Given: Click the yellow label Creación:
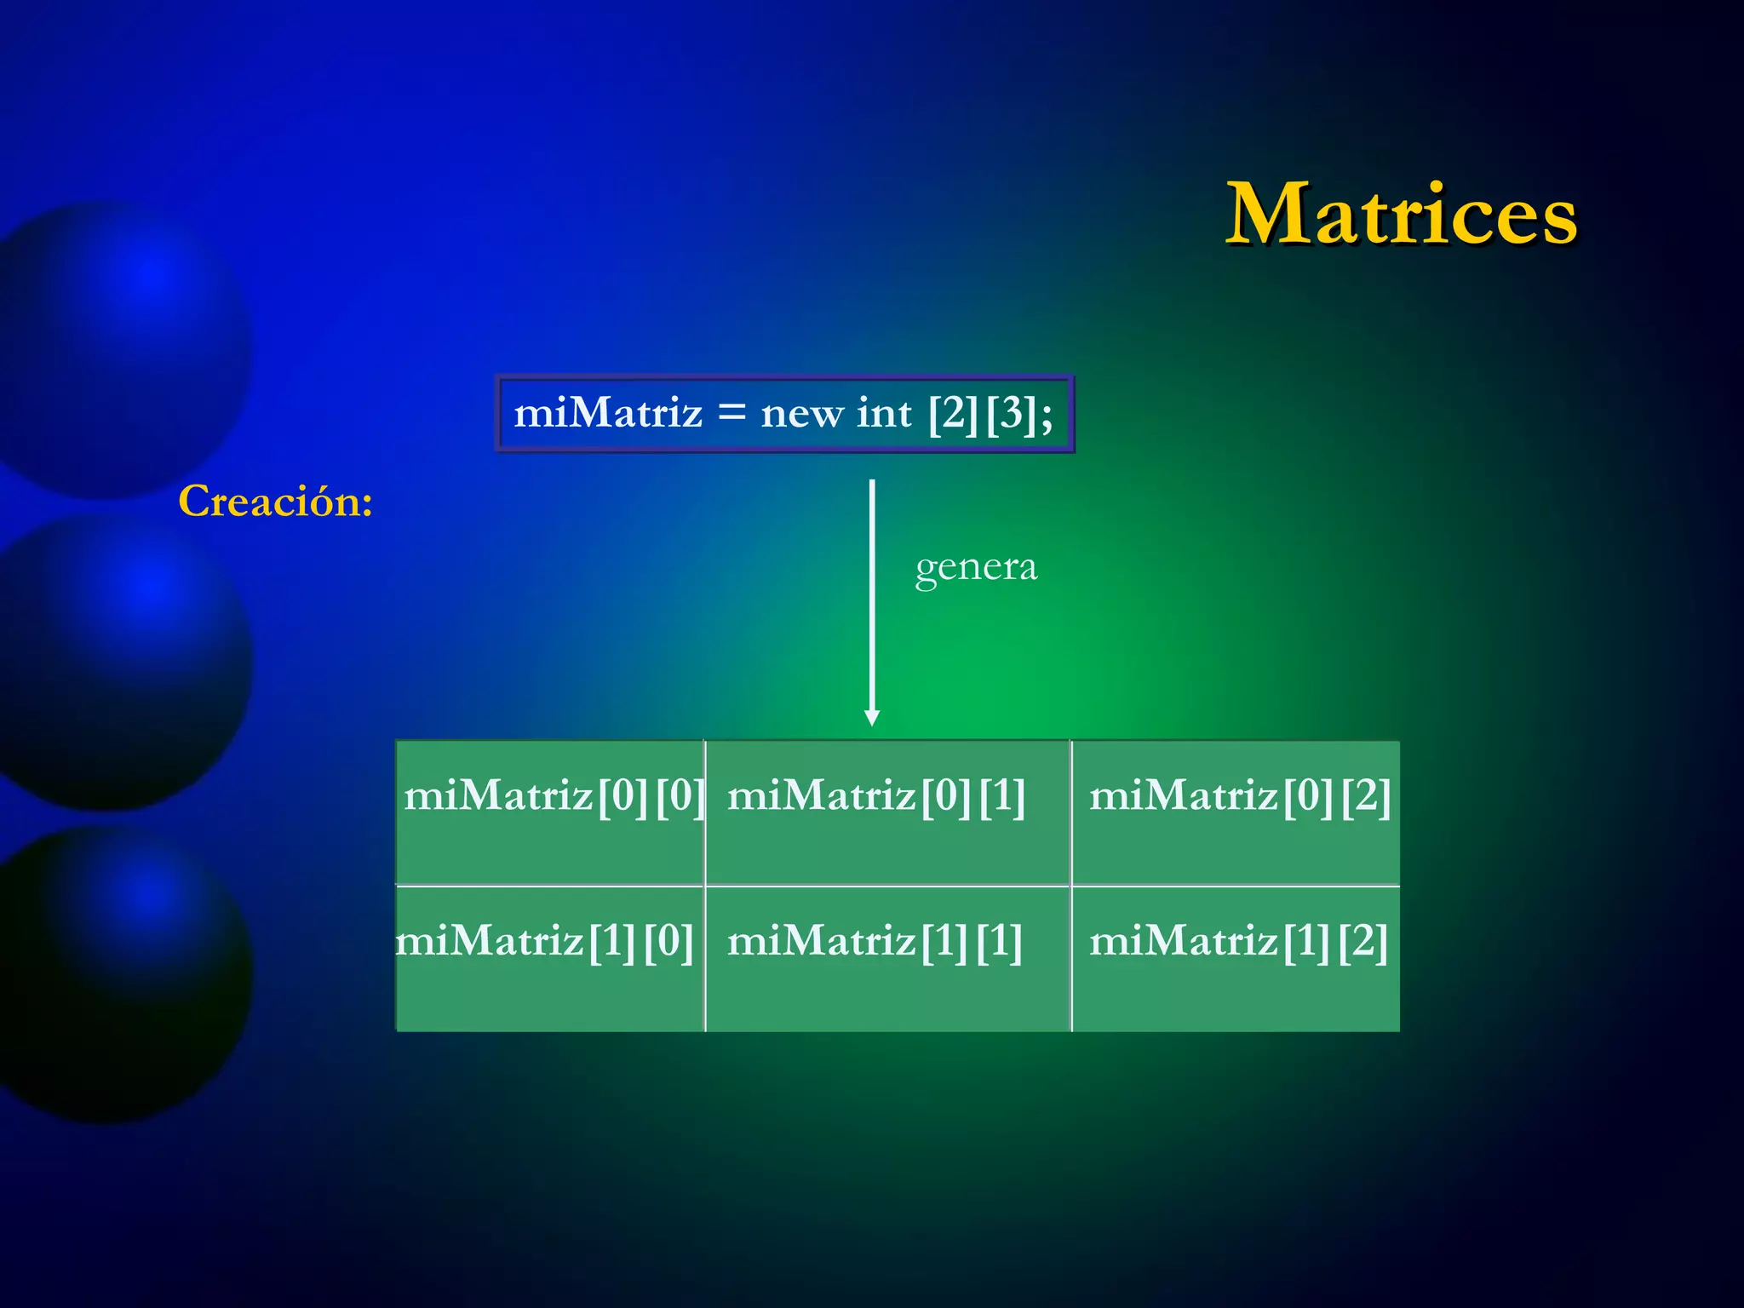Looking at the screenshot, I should (x=275, y=501).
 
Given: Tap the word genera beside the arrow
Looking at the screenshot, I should (x=976, y=568).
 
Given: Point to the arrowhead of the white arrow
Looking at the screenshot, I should (x=871, y=717).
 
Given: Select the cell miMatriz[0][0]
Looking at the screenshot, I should (x=551, y=812).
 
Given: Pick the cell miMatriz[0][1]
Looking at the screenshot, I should (x=887, y=812).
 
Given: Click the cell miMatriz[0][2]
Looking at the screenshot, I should (x=1235, y=812).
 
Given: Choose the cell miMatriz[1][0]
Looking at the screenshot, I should (x=551, y=958).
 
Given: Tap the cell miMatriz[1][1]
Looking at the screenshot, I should (x=887, y=958).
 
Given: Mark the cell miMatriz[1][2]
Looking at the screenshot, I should (x=1235, y=958).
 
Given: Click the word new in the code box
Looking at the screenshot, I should (x=801, y=415).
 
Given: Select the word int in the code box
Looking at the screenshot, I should (x=884, y=414).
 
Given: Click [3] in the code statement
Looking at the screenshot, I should (x=1011, y=415).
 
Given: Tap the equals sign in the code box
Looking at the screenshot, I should (x=731, y=414).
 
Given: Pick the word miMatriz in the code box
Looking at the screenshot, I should (x=608, y=414).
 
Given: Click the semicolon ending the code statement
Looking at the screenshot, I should (x=1047, y=417).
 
